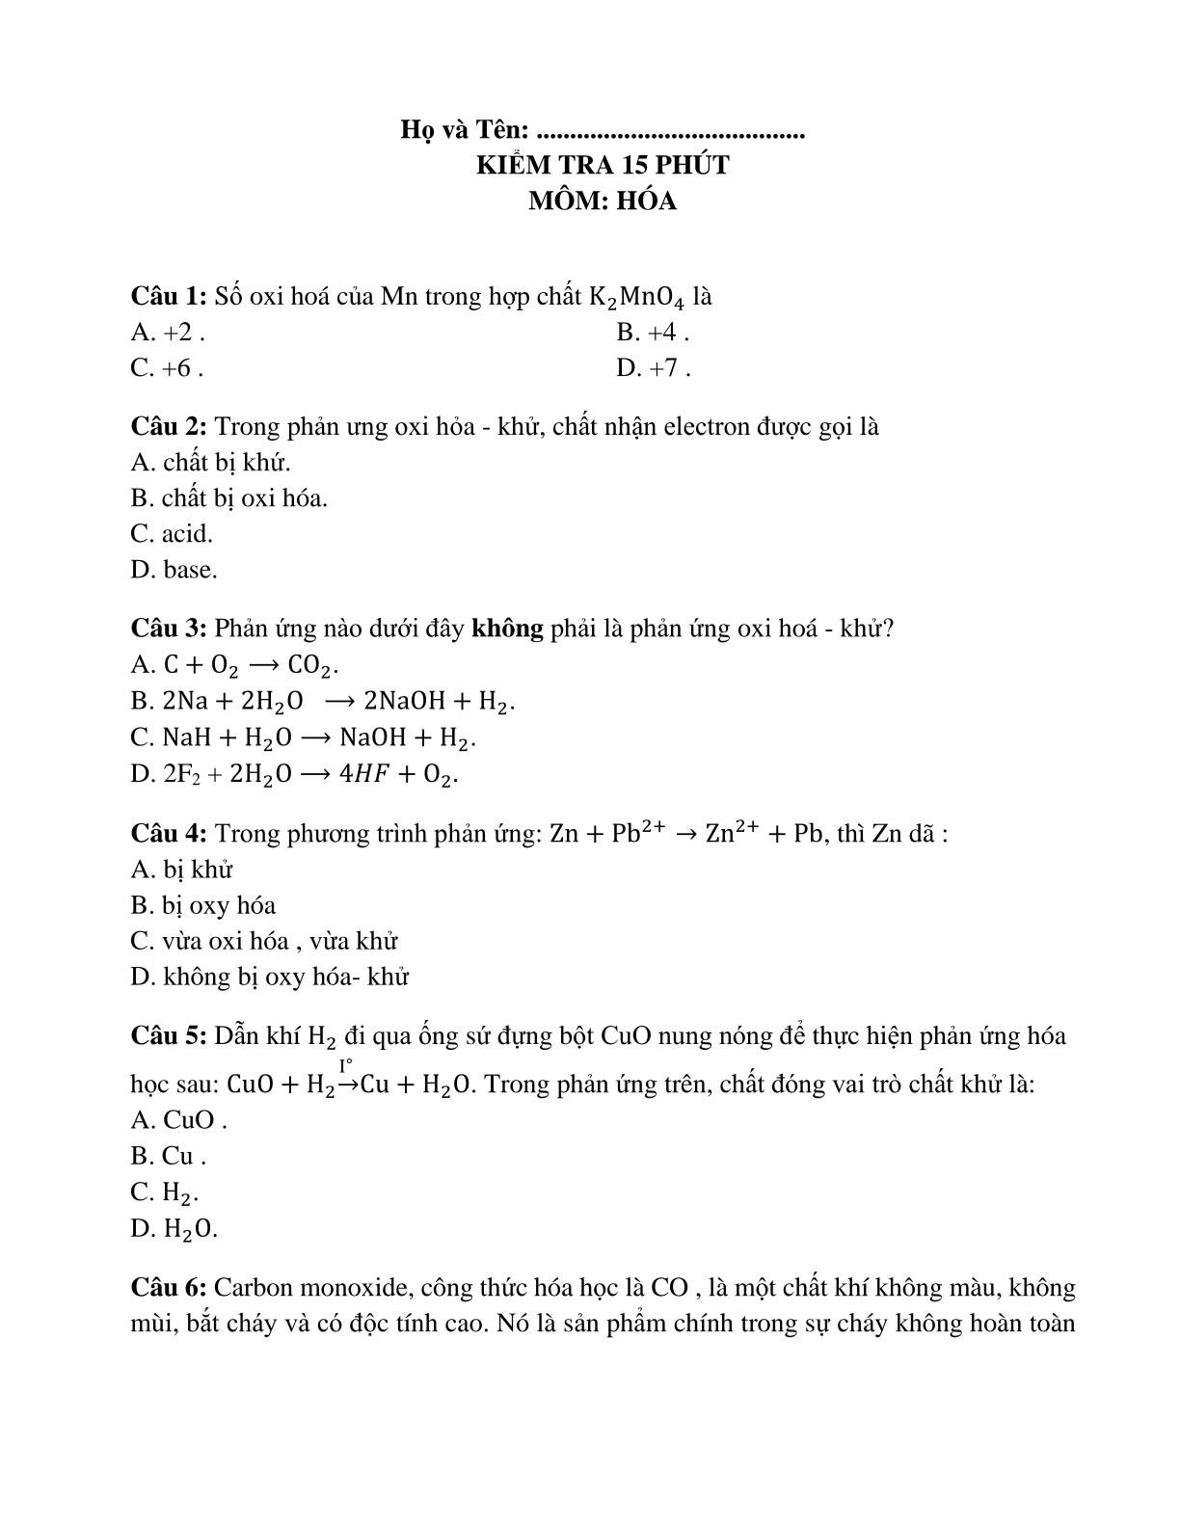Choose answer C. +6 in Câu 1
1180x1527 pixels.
(167, 368)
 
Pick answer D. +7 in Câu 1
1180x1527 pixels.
(653, 368)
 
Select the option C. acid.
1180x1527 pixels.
(172, 534)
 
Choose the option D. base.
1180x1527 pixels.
(174, 570)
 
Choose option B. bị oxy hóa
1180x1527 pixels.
(202, 905)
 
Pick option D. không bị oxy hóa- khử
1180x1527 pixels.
(270, 977)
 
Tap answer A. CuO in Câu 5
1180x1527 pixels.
(179, 1120)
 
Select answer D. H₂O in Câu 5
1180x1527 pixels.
(174, 1228)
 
